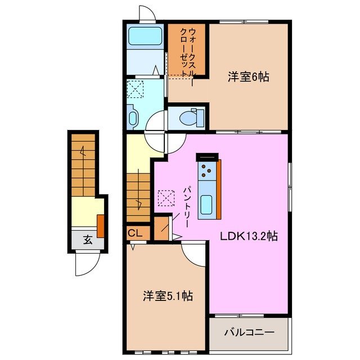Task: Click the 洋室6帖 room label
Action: [247, 77]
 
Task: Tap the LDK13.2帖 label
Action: [249, 236]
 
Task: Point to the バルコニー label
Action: [250, 332]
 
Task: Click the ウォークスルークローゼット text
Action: [188, 51]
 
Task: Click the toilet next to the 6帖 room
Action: [189, 119]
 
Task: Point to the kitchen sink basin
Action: [206, 202]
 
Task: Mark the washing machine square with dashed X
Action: [135, 88]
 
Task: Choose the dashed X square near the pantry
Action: [166, 198]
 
